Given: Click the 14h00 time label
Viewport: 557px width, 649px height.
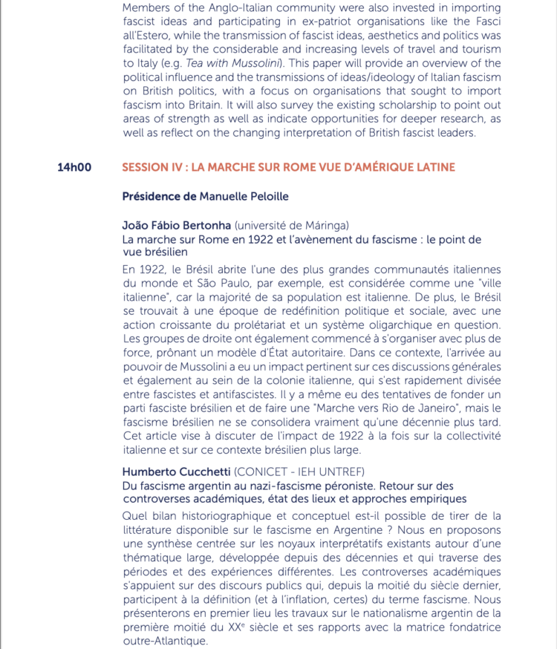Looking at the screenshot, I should (x=74, y=168).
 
